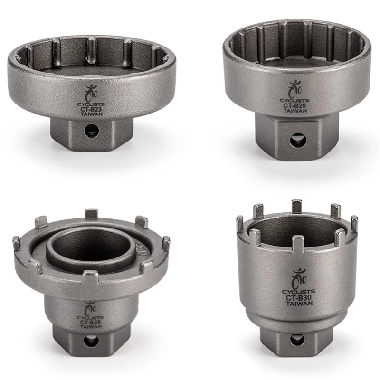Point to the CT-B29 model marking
89,321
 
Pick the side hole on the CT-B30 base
296,340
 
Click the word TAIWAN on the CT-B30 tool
295,304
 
